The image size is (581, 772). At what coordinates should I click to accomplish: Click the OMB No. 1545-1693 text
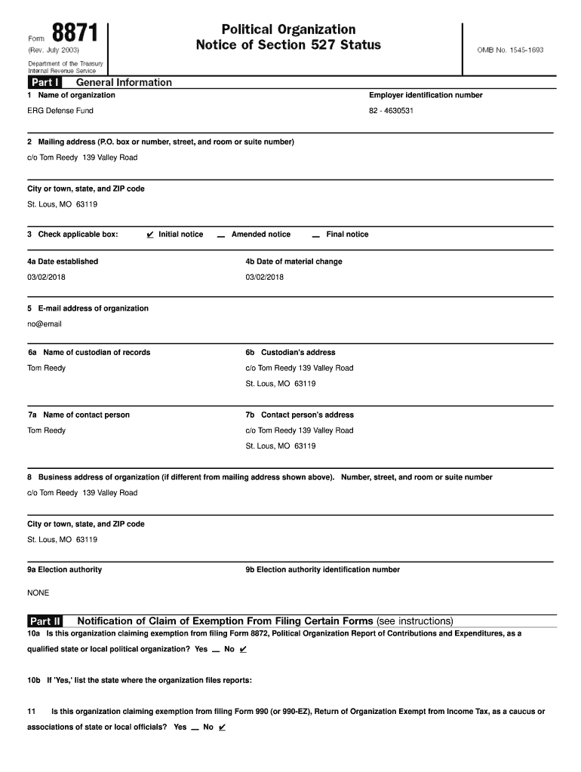point(510,50)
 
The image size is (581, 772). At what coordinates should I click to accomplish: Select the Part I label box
point(45,82)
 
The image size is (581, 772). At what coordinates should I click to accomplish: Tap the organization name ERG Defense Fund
point(61,111)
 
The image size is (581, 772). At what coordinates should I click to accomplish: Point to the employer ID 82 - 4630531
point(391,111)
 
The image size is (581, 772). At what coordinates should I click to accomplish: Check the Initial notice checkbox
point(151,234)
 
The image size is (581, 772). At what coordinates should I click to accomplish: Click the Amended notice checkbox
point(220,235)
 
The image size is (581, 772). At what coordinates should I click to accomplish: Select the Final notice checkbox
point(315,235)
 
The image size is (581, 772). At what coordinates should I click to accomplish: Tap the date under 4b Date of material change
point(265,277)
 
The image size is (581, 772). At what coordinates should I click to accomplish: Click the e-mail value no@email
point(45,324)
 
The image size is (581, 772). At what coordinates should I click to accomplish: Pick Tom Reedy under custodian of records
point(47,368)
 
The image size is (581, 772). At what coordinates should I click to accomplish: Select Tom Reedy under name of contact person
point(47,430)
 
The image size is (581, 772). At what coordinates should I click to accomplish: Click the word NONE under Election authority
point(38,593)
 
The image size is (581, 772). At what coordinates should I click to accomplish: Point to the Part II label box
point(45,621)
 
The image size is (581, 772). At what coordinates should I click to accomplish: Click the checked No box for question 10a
point(242,649)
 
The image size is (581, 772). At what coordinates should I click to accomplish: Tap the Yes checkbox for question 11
point(195,728)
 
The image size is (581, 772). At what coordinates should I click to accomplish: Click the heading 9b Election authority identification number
point(322,569)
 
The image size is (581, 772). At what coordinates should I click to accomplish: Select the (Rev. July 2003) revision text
point(54,50)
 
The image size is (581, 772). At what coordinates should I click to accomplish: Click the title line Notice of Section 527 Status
point(288,45)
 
